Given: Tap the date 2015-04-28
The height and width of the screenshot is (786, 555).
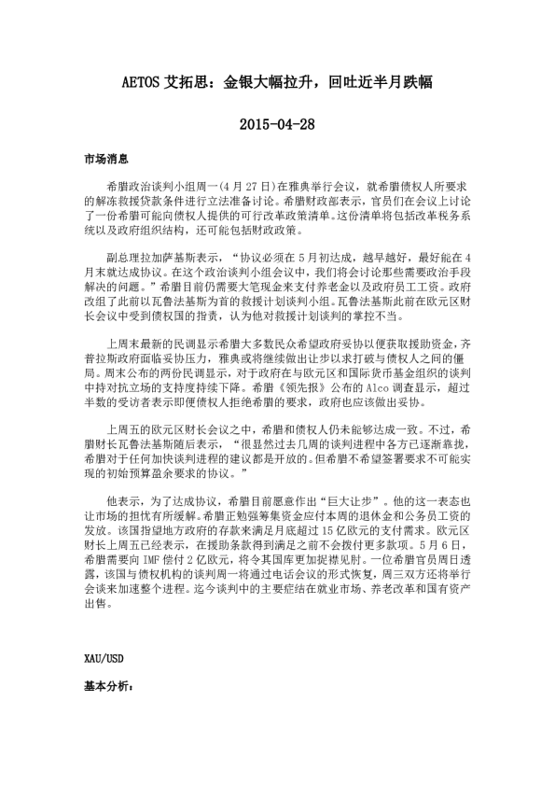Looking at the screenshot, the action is coord(277,123).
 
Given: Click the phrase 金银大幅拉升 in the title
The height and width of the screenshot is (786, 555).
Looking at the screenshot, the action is coord(267,82).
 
